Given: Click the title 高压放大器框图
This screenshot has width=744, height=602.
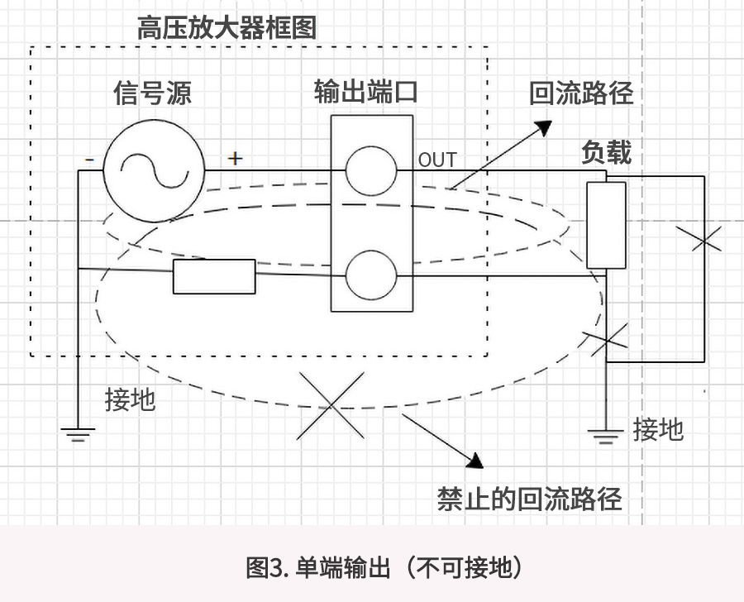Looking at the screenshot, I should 227,27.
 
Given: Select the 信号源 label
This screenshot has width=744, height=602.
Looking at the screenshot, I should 152,93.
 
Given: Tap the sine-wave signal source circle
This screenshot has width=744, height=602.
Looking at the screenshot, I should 153,171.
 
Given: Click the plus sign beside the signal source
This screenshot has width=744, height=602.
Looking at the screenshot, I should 236,157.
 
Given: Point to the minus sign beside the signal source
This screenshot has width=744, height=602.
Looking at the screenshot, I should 88,160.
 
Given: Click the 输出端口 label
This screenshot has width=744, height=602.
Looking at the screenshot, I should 365,91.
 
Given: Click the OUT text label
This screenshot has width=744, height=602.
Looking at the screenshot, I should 436,160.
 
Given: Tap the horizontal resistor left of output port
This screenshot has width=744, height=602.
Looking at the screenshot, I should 214,276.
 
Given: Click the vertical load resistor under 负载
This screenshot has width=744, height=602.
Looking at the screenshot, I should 606,225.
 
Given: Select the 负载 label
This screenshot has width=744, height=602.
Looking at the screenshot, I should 606,153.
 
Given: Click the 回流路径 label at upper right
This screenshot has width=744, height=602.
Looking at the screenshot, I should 581,93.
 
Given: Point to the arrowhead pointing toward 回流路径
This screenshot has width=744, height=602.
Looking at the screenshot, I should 542,127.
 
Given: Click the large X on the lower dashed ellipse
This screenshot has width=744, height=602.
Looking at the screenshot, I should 330,405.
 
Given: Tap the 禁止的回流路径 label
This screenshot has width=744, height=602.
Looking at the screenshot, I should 529,499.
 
